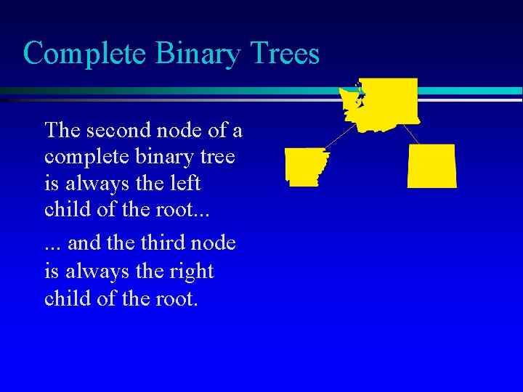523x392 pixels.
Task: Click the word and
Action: tap(84, 242)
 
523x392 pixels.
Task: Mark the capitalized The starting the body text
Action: tap(62, 130)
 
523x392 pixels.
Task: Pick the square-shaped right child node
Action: tap(431, 166)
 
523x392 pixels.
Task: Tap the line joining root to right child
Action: tap(410, 134)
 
